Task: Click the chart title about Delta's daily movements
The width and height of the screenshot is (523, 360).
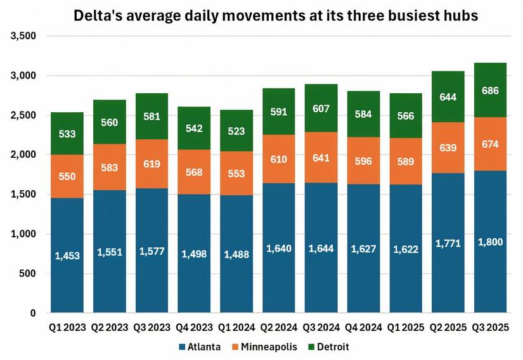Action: pos(275,15)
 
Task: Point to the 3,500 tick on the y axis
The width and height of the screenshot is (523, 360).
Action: pos(23,36)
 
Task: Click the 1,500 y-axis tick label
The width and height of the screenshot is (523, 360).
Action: pos(23,195)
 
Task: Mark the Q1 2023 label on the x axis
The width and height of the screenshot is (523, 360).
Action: pos(67,328)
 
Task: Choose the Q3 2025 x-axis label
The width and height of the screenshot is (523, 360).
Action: pos(489,328)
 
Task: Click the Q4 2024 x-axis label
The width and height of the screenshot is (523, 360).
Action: pos(363,328)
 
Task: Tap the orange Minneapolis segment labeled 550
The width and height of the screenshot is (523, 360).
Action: pos(67,176)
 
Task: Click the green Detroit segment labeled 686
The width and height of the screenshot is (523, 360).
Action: pos(489,90)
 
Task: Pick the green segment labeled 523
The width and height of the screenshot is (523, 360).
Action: pos(236,131)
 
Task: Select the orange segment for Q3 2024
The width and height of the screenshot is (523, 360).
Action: pos(320,157)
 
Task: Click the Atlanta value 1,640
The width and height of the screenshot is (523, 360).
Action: pos(278,248)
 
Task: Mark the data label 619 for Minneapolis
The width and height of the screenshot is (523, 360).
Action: pos(152,164)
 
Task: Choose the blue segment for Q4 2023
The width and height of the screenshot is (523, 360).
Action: pos(194,254)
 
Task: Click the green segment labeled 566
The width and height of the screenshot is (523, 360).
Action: pos(405,116)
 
